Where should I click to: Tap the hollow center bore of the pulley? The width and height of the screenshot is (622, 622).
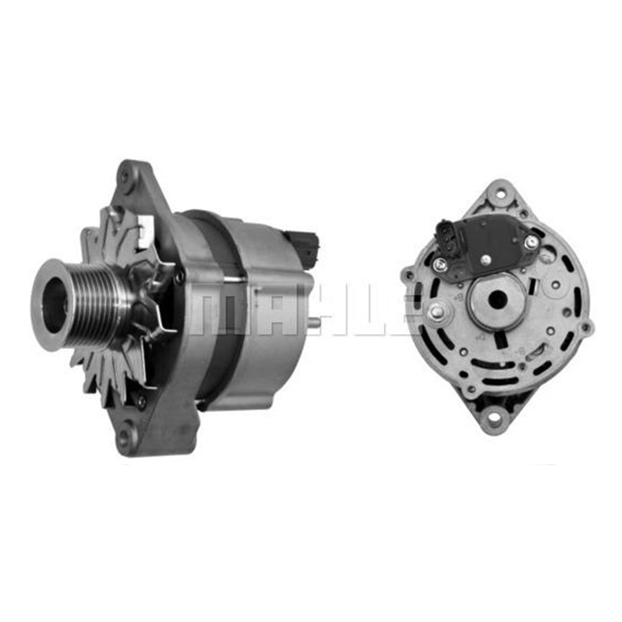coord(55,304)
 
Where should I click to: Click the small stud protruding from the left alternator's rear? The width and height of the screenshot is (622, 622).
coord(317,323)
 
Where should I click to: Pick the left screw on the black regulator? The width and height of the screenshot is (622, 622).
coord(440,265)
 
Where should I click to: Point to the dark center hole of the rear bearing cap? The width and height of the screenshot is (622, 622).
coord(497,300)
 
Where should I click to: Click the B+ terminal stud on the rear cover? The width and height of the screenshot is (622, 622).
coord(436,313)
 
